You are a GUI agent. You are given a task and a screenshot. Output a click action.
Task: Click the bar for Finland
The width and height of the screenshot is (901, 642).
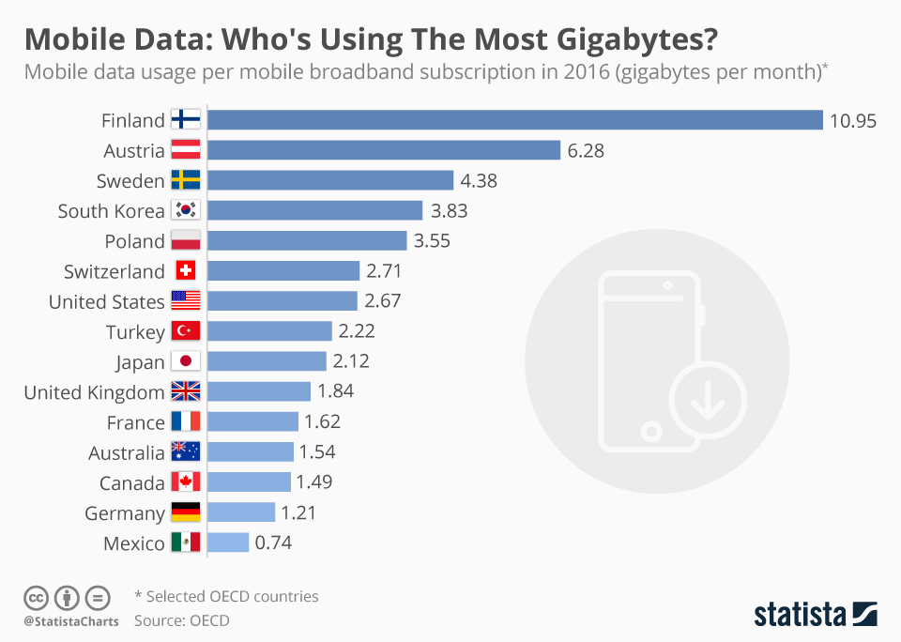click(514, 120)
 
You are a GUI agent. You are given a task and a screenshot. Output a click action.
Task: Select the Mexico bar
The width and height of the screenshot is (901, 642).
click(228, 543)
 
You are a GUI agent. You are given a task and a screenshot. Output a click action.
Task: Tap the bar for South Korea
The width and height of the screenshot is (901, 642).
click(314, 210)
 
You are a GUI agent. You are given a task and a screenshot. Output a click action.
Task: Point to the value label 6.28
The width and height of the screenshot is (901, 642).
click(588, 150)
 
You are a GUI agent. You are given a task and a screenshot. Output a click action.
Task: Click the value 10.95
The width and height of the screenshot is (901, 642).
click(852, 120)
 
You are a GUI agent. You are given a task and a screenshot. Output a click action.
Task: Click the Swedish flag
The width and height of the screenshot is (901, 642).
click(186, 180)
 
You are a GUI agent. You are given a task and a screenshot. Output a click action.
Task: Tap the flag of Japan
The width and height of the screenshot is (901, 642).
click(186, 361)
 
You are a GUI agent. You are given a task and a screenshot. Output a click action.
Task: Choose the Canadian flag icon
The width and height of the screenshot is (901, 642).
click(186, 482)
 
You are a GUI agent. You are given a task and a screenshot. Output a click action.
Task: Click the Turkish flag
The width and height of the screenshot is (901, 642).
click(186, 331)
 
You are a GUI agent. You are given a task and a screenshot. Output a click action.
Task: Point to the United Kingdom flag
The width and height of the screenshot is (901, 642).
click(186, 391)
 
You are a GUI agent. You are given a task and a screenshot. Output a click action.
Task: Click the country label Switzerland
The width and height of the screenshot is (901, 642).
click(114, 271)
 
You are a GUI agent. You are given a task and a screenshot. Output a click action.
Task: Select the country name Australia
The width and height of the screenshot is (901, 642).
click(126, 452)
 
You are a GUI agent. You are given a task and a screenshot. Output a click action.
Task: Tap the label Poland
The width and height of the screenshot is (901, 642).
click(133, 241)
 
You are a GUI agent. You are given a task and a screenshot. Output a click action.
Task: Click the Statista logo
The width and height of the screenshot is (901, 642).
click(816, 615)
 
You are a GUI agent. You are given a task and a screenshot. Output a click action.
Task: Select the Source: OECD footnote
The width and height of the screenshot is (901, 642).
click(181, 620)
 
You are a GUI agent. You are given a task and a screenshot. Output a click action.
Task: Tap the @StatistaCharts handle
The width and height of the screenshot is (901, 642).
click(71, 621)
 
